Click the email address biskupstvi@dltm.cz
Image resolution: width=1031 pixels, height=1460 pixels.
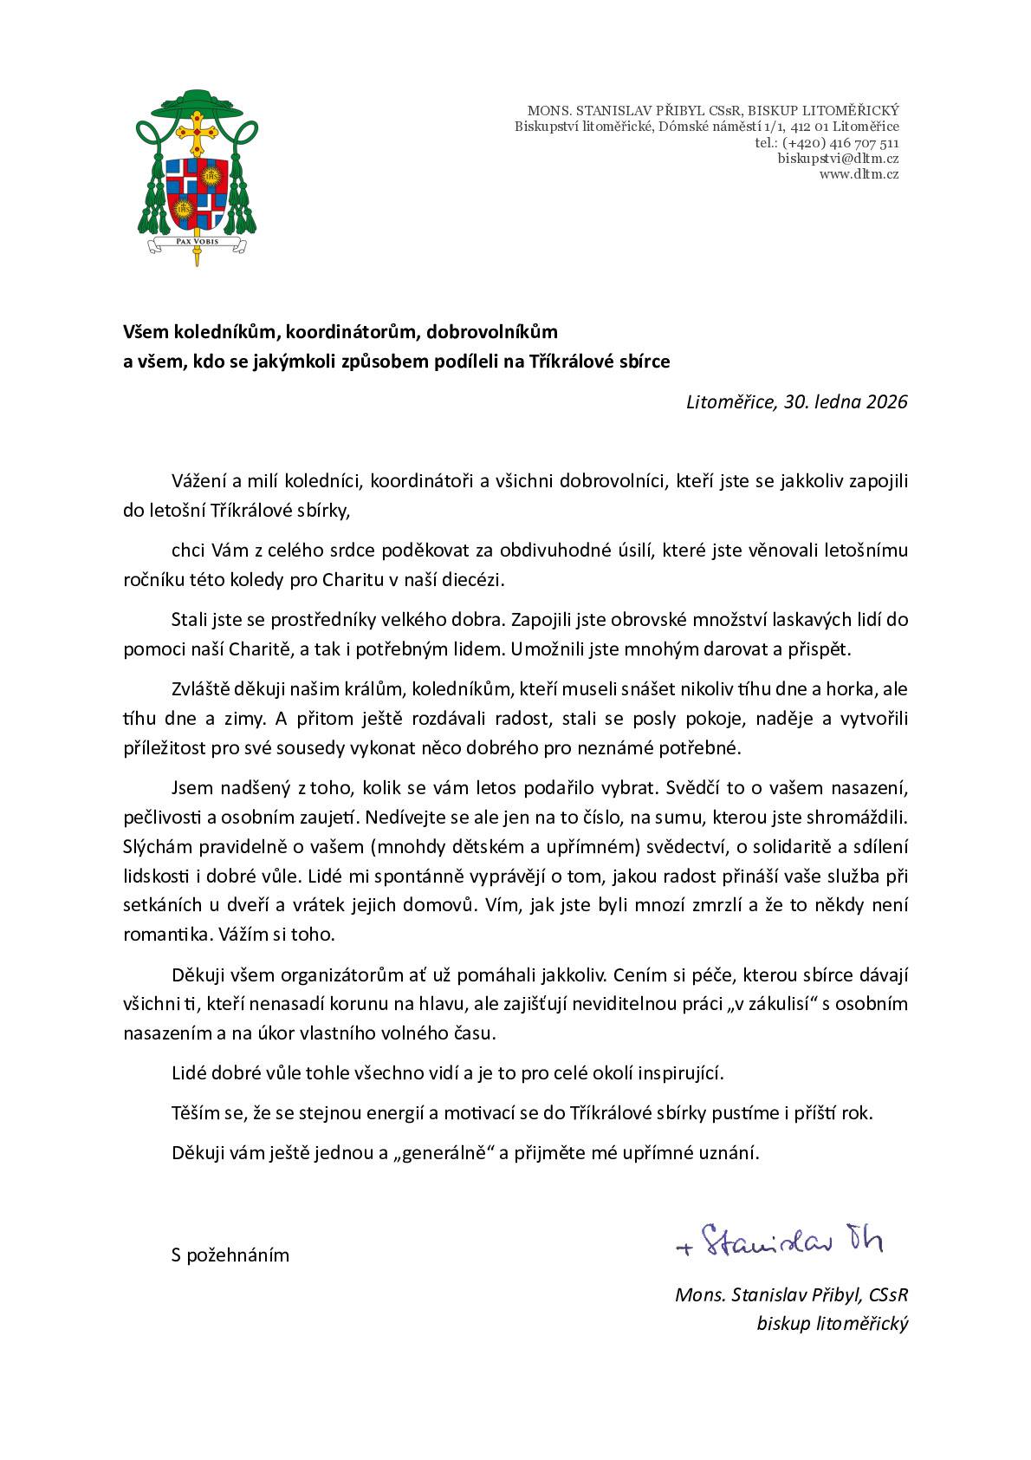click(x=837, y=159)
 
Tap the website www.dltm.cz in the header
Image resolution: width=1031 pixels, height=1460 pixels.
click(x=859, y=174)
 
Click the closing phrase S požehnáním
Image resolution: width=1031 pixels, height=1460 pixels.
click(x=230, y=1255)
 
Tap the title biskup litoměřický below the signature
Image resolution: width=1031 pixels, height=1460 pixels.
click(x=832, y=1324)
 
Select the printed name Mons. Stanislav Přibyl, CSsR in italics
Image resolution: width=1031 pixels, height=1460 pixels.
click(x=791, y=1295)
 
